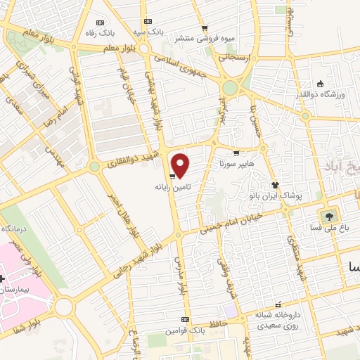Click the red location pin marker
point(181,165)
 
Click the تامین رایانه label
point(173,188)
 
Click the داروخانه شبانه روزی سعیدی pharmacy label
point(278,321)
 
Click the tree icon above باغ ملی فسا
point(328,214)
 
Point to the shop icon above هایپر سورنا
point(236,153)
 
